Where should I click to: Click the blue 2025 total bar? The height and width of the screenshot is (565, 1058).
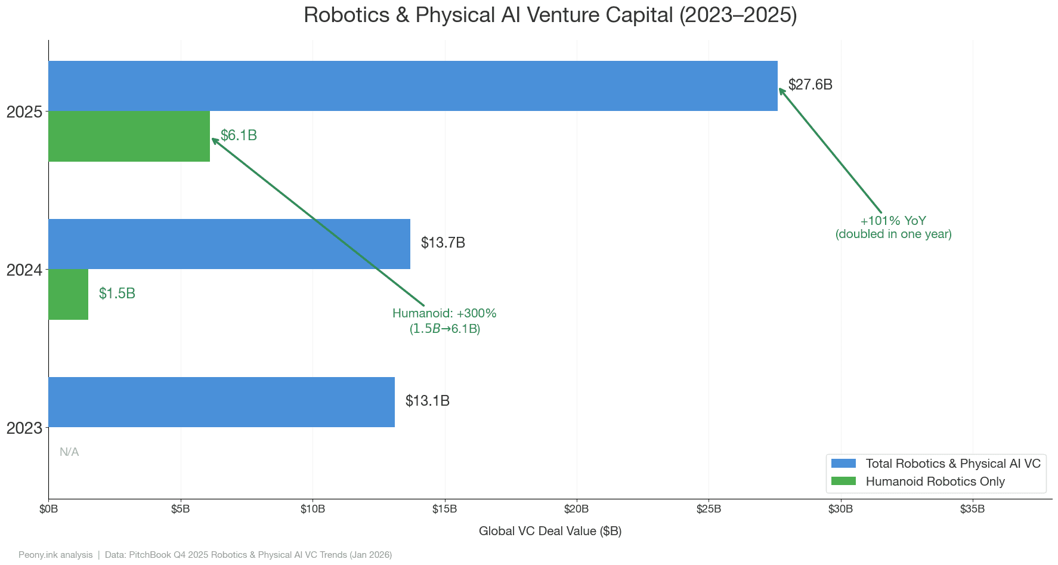(413, 86)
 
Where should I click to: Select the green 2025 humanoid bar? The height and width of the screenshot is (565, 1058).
(129, 136)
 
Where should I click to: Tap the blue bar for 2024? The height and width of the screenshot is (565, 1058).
(229, 244)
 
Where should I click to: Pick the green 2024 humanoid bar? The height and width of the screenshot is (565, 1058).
(68, 294)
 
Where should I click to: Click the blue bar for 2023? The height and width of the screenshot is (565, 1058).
(221, 402)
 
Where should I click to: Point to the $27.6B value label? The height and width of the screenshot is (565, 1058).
(810, 85)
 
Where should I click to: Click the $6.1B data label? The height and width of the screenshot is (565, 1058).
(239, 135)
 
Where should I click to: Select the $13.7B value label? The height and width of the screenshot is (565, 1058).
(443, 243)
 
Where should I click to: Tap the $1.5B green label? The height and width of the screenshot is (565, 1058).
(117, 294)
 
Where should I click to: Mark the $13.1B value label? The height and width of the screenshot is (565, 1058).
(427, 401)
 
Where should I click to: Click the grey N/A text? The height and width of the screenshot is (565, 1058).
(69, 452)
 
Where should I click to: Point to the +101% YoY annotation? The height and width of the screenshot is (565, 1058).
(893, 227)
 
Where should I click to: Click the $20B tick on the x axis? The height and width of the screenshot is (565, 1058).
(576, 509)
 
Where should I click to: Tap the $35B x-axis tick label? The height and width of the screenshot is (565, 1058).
(972, 509)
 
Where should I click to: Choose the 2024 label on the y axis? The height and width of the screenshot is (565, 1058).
(24, 270)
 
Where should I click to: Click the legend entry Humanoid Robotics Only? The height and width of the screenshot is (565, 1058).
(935, 481)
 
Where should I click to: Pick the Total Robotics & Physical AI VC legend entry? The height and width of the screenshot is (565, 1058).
(952, 464)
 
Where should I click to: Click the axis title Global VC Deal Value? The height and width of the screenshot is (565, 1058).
(550, 531)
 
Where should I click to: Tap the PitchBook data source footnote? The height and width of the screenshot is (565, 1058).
(248, 555)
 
